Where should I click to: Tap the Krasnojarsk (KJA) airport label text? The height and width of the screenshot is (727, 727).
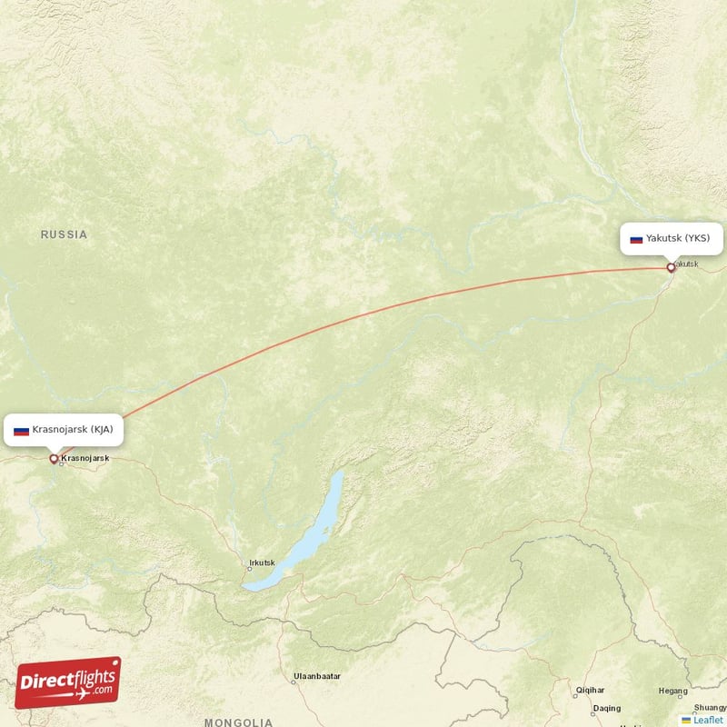[x=72, y=429]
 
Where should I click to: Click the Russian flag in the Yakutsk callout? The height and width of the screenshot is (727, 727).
[x=636, y=239]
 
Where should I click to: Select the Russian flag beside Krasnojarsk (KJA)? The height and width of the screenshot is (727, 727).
[x=21, y=430]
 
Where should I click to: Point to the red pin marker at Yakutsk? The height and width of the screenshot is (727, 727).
[x=671, y=267]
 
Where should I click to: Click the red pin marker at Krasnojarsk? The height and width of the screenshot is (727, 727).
[x=54, y=459]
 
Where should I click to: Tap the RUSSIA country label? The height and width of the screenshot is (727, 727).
[x=64, y=234]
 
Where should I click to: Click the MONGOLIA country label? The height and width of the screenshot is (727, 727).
[x=238, y=722]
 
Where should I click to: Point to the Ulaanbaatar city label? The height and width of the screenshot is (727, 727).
[x=317, y=677]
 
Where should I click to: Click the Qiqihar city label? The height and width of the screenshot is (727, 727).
[x=590, y=691]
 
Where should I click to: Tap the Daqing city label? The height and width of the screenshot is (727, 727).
[x=606, y=708]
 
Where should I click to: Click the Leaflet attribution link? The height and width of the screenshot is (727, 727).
[x=707, y=720]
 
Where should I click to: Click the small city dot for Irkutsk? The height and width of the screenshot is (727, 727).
[x=249, y=569]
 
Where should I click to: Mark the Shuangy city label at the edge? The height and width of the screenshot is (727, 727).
[x=709, y=707]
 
